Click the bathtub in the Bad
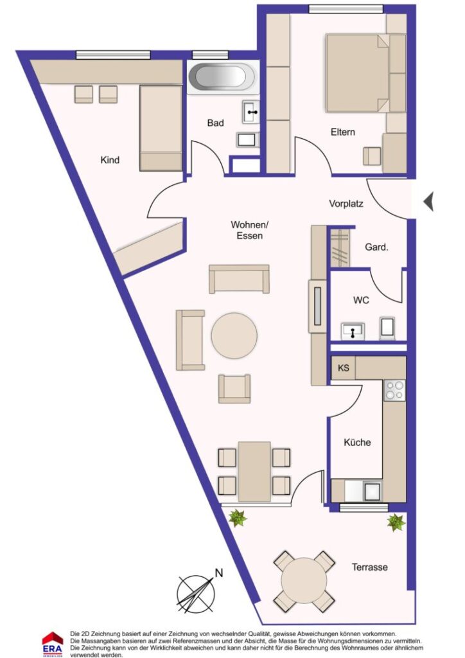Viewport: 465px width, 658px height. tap(221, 78)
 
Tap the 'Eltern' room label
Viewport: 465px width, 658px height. tap(343, 132)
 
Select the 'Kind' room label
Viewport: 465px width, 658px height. tap(110, 160)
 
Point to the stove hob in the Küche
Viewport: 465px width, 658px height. tap(394, 389)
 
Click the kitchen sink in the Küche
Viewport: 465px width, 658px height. tap(371, 491)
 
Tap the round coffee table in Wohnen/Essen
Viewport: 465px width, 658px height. tap(234, 335)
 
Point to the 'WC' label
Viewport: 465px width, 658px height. tap(361, 300)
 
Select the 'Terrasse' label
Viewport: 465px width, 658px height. tap(369, 567)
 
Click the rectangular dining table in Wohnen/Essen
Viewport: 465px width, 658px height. tap(254, 471)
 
